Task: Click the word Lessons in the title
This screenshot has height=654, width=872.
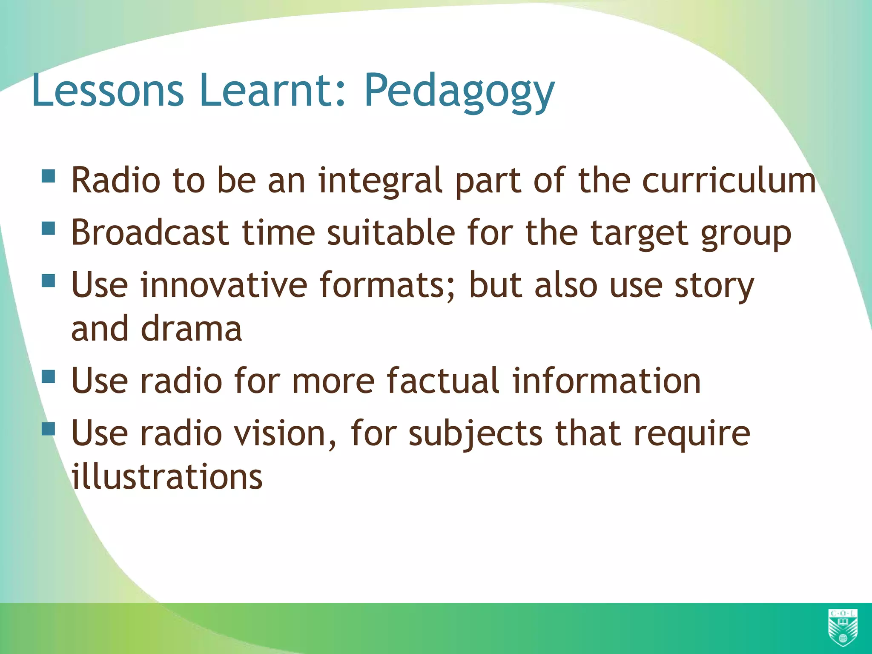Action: pyautogui.click(x=107, y=90)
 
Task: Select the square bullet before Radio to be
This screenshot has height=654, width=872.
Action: pyautogui.click(x=49, y=176)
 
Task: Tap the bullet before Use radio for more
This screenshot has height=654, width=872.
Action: pyautogui.click(x=49, y=376)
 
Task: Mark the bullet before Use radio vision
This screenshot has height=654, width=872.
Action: pyautogui.click(x=49, y=429)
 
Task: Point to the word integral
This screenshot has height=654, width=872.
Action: pyautogui.click(x=381, y=181)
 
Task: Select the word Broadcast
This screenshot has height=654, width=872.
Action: pyautogui.click(x=150, y=233)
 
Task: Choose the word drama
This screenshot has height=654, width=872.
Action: pyautogui.click(x=191, y=329)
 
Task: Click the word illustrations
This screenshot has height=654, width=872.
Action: pyautogui.click(x=167, y=477)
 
